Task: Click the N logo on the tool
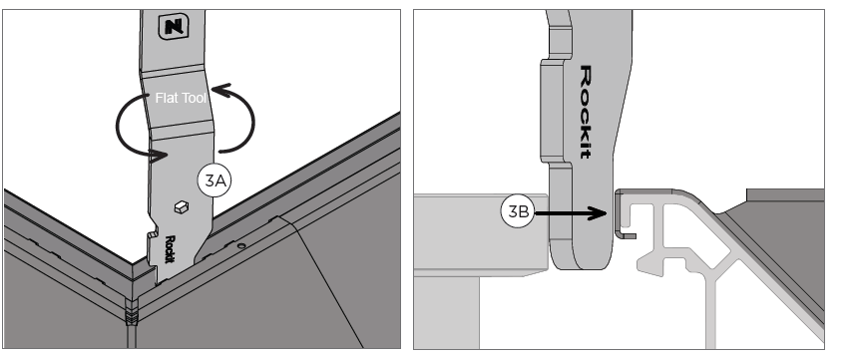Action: pos(174,27)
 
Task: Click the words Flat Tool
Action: pos(181,98)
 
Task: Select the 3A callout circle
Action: pos(214,180)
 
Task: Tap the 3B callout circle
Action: pos(518,210)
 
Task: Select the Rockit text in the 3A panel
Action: pos(170,249)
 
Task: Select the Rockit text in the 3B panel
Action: pos(586,112)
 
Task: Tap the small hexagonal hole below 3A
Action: pos(182,206)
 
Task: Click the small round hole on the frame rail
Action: pos(241,245)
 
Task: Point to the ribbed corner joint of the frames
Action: pos(132,312)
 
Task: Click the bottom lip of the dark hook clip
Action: pos(628,234)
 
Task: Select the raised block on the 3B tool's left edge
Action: pos(552,111)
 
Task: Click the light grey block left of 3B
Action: pos(480,235)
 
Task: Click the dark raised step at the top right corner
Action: pos(785,195)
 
